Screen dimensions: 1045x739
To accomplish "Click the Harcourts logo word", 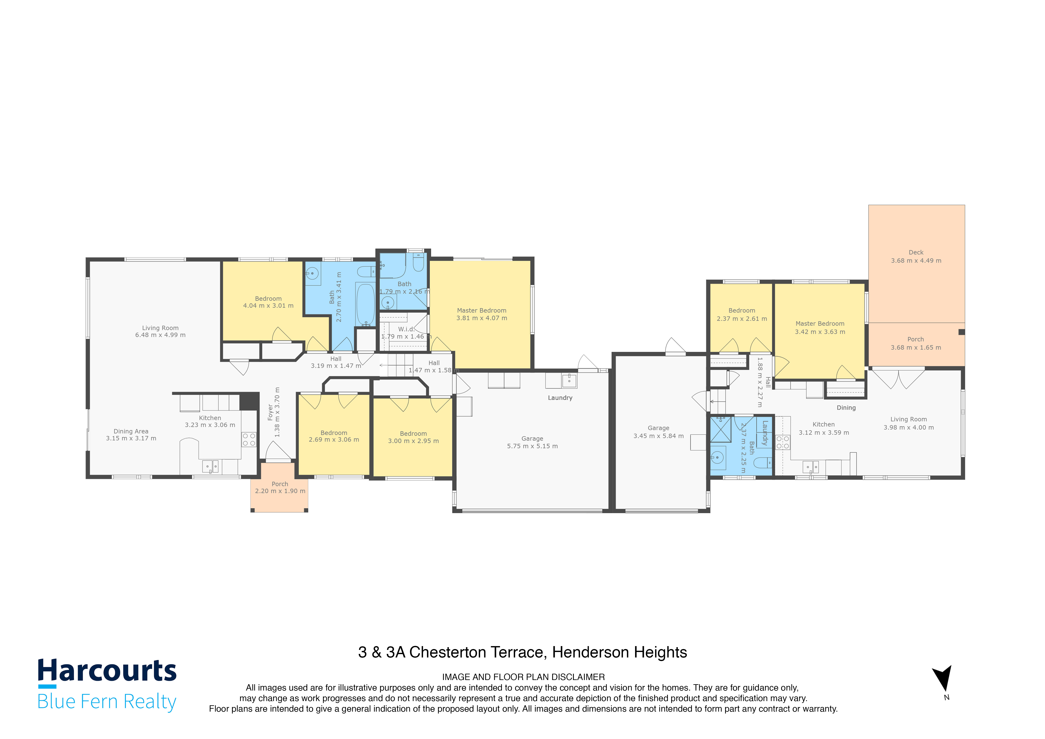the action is point(107,671).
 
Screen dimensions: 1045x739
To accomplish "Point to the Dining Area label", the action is point(131,435).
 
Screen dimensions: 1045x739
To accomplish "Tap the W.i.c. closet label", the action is point(406,329).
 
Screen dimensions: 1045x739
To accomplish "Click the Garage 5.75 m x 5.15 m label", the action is point(533,442).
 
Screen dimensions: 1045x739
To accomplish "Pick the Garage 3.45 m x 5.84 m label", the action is point(659,432).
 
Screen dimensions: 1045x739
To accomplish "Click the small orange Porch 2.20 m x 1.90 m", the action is point(280,487).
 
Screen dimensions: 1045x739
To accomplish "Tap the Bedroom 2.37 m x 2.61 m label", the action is point(742,315).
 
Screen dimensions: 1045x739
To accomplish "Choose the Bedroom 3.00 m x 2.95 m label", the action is point(413,437).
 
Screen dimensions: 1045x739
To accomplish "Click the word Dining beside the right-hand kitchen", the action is point(846,408).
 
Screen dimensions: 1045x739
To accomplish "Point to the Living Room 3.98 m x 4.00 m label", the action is point(909,423).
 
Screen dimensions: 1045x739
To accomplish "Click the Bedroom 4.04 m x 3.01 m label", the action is point(268,302).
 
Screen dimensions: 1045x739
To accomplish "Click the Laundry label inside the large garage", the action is point(560,398).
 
